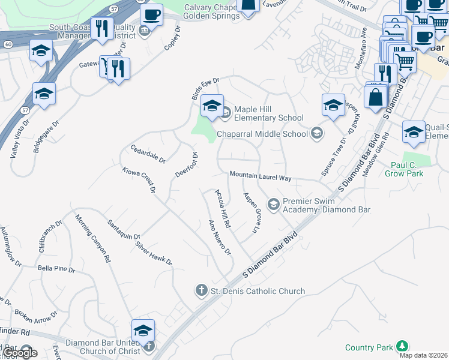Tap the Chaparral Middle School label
pos(263,134)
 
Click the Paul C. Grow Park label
pos(415,169)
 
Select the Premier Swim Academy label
pos(326,206)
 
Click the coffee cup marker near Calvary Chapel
pos(151,15)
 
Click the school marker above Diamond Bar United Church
pos(143,331)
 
